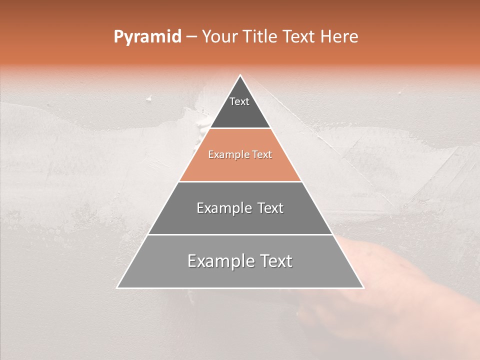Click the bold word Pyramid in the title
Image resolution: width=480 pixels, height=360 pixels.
(x=147, y=37)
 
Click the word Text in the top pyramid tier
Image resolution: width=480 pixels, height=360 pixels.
(x=239, y=101)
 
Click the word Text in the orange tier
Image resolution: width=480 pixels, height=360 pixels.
(x=262, y=155)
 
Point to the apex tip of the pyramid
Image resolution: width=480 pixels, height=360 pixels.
(x=240, y=75)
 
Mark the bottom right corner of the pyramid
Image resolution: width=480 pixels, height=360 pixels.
(x=363, y=287)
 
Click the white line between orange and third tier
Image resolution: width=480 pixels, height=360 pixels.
(x=240, y=181)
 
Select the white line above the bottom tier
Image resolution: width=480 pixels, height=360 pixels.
(x=240, y=234)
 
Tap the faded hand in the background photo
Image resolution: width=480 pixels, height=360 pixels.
(x=380, y=280)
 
